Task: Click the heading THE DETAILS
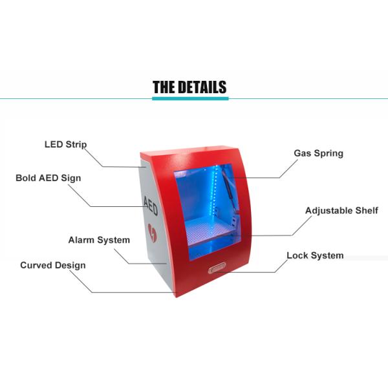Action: pos(189,87)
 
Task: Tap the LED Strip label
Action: pos(65,144)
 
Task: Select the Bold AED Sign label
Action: pos(48,177)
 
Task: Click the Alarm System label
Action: pos(99,240)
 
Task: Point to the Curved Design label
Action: pos(52,265)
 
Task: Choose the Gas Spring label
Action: pos(319,153)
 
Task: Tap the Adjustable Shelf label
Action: pos(341,211)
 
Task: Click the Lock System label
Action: pos(315,255)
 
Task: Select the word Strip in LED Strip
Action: pos(76,144)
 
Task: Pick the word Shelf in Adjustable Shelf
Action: pos(365,211)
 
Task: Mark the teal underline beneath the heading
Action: pos(189,99)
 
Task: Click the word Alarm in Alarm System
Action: pos(82,240)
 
